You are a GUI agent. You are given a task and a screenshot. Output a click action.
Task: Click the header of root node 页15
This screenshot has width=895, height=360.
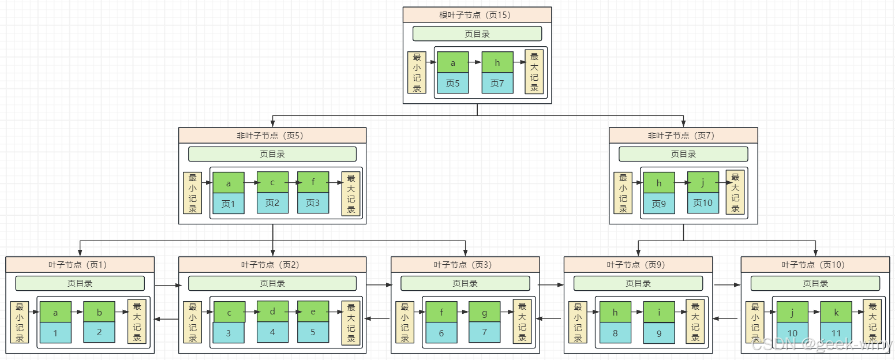[x=477, y=15]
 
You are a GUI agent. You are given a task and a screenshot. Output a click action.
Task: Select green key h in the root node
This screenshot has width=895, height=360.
[x=497, y=63]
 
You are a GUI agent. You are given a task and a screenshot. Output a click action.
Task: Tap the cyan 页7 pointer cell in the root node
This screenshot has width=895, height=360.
[x=497, y=83]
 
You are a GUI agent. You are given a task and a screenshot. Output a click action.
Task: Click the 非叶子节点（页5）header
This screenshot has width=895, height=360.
[x=272, y=136]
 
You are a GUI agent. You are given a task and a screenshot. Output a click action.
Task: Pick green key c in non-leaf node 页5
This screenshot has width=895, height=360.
[x=272, y=183]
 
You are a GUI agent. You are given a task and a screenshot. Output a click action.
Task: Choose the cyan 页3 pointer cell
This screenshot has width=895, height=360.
[x=313, y=203]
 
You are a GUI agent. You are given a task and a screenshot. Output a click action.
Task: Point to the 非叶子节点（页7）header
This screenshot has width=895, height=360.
[x=683, y=136]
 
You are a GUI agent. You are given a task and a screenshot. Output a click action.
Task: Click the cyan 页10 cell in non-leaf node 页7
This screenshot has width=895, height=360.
[x=703, y=203]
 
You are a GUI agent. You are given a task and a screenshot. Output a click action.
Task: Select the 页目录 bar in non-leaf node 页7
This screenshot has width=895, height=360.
[x=683, y=154]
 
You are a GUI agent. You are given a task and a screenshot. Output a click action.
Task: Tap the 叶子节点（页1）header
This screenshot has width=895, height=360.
[x=80, y=265]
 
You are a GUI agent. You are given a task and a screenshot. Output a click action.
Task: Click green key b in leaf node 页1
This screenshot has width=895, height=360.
[x=99, y=312]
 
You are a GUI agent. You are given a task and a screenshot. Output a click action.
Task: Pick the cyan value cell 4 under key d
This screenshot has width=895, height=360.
[x=272, y=332]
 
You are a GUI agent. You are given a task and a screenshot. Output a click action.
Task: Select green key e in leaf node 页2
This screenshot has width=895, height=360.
[x=313, y=312]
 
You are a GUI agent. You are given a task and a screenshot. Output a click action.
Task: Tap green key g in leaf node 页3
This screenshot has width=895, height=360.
[x=484, y=312]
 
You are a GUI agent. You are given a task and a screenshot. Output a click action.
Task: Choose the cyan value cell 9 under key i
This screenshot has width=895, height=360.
[x=659, y=333]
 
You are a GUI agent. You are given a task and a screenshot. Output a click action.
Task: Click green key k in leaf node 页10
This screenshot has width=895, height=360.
[x=836, y=312]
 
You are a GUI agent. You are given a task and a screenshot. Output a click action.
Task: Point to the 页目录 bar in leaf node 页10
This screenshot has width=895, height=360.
[x=815, y=283]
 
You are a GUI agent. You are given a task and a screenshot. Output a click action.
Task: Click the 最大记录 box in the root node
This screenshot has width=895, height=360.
[x=534, y=72]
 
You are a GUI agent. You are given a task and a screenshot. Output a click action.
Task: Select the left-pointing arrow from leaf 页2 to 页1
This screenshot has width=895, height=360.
[x=167, y=318]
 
